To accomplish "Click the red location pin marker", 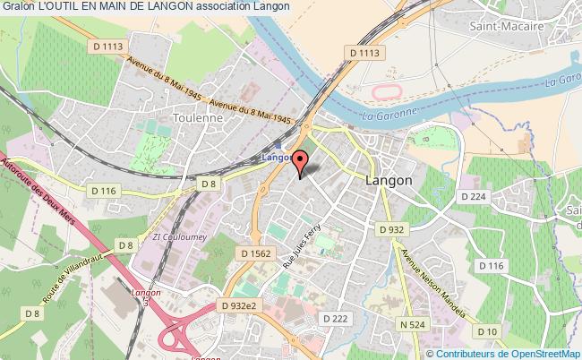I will (x=301, y=161).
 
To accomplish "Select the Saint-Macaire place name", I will (x=506, y=27).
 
